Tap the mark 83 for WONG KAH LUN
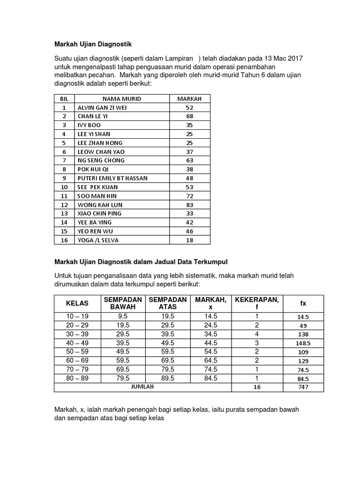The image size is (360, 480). (x=189, y=204)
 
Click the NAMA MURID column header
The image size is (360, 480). (x=122, y=99)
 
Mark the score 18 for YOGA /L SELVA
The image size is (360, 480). (x=189, y=240)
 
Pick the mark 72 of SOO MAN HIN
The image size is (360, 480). (x=189, y=195)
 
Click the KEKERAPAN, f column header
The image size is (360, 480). (x=256, y=303)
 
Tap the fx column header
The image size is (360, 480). (x=303, y=303)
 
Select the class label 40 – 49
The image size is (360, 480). (x=77, y=343)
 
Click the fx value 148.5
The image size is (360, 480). (x=303, y=343)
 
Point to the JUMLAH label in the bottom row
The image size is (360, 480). (x=142, y=387)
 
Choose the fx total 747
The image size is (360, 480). (x=303, y=388)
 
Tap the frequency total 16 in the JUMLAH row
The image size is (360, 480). (x=256, y=388)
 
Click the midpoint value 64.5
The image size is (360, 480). (x=210, y=361)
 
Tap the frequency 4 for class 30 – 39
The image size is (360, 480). (x=256, y=334)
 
